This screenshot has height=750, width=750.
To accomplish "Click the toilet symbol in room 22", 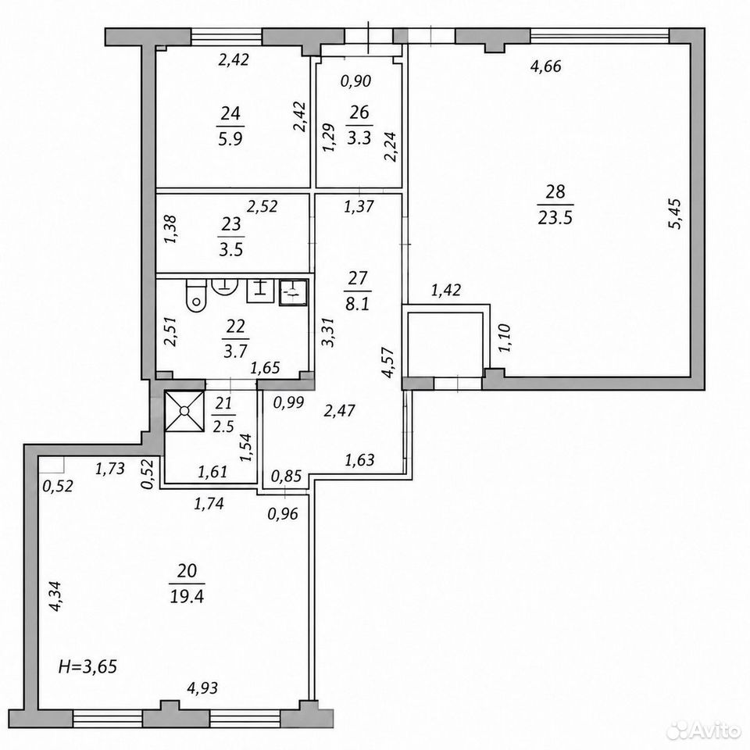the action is tap(196, 295).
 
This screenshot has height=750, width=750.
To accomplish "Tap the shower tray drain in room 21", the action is tap(184, 411).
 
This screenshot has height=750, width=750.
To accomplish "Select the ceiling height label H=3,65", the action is tap(87, 666).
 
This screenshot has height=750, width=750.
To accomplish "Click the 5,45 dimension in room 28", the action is tap(676, 214).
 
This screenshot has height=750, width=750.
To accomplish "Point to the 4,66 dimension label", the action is tap(546, 66).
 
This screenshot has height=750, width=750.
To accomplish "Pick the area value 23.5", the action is tap(555, 218).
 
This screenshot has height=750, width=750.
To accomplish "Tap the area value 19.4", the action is tap(187, 596).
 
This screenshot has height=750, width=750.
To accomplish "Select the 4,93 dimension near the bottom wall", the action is tap(202, 687).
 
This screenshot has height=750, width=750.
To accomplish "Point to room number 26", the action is tap(359, 112).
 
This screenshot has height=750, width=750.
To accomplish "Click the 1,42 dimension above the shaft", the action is tap(446, 290).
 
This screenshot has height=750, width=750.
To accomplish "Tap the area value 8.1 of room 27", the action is tap(358, 304).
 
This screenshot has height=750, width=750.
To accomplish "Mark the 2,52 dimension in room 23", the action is tap(262, 206).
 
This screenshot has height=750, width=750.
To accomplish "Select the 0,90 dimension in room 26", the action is tap(356, 80).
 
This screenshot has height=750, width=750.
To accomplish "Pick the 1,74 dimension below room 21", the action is tap(209, 503).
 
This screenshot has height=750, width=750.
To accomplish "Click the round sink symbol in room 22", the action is tap(225, 285).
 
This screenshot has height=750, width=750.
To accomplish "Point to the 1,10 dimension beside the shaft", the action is tap(505, 337).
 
